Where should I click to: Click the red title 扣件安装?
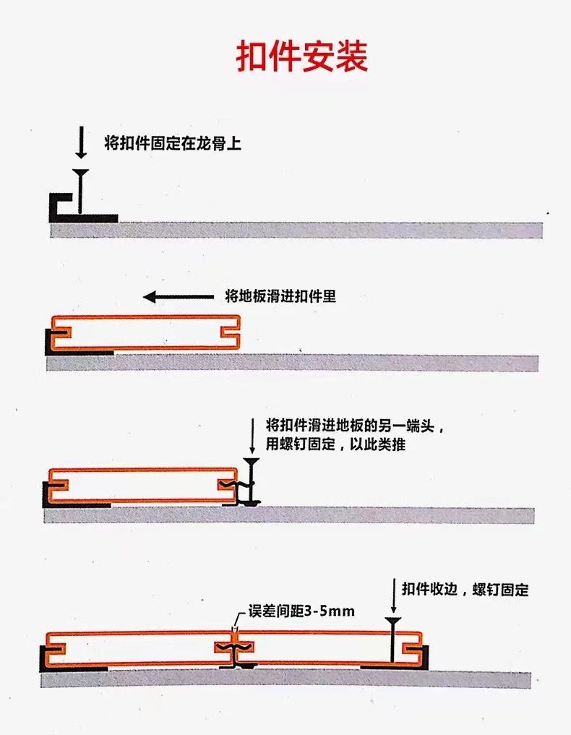point(302,56)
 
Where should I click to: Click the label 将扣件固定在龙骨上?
point(173,143)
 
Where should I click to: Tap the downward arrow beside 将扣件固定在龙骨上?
point(81,143)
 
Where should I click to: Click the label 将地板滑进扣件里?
point(280,296)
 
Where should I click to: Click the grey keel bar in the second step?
point(325,363)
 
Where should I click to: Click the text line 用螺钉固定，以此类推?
point(335,444)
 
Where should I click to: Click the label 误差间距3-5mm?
point(301,611)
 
